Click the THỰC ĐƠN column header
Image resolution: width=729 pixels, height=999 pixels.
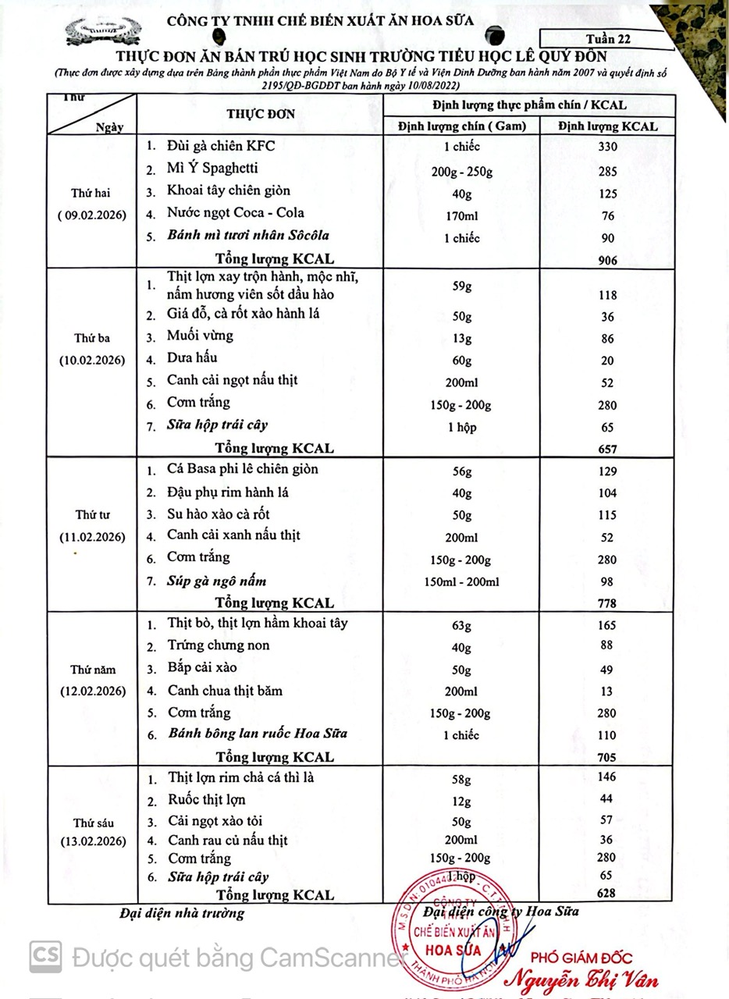point(261,114)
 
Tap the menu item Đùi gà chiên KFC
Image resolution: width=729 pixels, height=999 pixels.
point(221,146)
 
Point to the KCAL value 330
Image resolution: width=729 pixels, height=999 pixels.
point(607,148)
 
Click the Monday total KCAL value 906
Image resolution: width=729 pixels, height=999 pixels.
point(606,261)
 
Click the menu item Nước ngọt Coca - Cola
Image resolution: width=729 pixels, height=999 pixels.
point(236,213)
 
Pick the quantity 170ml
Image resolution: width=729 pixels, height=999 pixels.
point(462,216)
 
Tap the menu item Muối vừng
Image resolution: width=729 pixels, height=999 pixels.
point(200,336)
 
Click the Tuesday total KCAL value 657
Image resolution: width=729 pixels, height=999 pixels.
point(606,449)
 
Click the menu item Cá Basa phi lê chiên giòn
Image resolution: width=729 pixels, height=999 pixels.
point(243,470)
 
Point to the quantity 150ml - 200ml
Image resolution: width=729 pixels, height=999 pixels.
point(462,581)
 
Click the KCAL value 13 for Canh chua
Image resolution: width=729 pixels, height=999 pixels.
point(607,691)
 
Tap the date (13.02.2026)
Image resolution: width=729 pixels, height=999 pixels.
point(94,841)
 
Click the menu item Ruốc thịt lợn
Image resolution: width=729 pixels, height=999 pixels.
point(207,799)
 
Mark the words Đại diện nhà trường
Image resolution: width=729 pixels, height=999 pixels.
point(182,913)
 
